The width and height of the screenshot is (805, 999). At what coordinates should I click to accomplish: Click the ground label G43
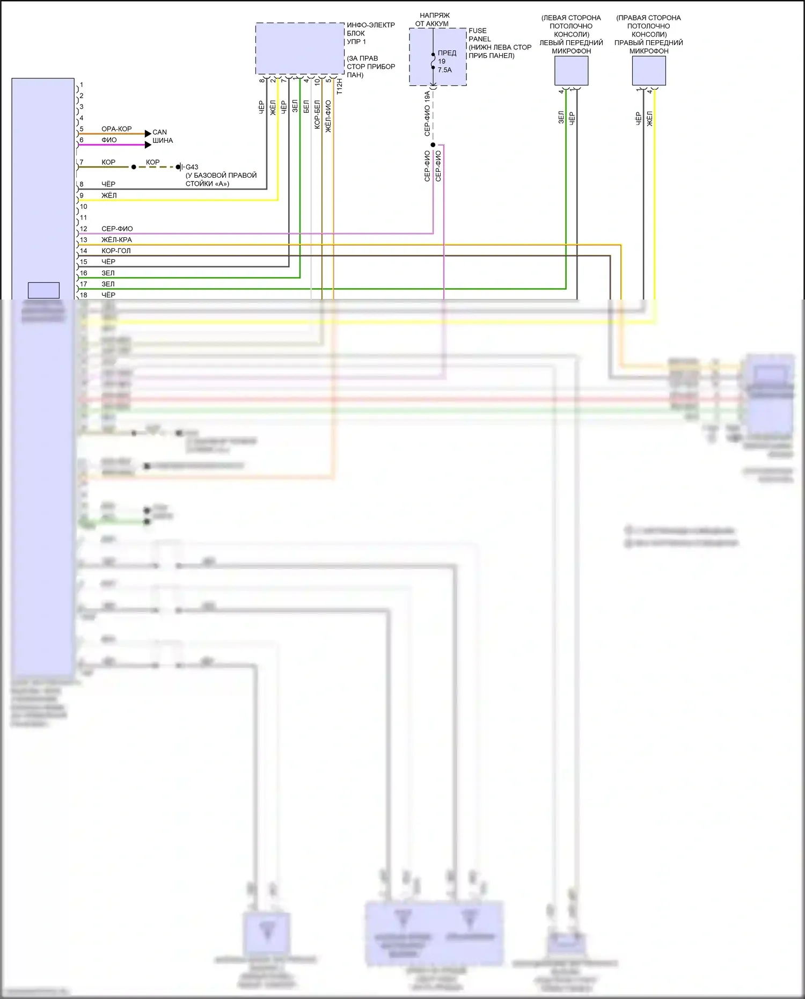tap(192, 167)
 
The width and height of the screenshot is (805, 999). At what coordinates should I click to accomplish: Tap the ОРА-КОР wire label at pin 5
tap(116, 129)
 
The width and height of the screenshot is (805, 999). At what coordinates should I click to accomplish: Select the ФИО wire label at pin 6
tap(109, 140)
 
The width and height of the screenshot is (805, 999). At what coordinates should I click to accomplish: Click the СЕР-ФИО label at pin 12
tap(117, 229)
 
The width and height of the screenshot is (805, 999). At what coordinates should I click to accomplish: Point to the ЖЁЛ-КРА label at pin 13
tap(116, 240)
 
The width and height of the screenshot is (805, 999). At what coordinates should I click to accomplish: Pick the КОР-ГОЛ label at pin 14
tap(116, 251)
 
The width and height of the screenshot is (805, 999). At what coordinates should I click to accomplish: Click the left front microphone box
tap(571, 70)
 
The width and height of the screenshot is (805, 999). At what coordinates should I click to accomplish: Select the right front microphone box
tap(649, 70)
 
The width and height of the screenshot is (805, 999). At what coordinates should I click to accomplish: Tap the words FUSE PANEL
tap(479, 35)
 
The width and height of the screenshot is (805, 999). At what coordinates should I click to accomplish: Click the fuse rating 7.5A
tap(444, 70)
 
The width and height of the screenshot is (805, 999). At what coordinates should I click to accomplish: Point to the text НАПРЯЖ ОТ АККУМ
tap(433, 19)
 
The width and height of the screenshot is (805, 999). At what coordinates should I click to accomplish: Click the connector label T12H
tap(339, 86)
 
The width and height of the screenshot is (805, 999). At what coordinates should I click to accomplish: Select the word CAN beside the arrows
tap(159, 132)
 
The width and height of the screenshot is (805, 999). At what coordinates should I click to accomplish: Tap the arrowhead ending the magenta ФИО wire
tap(148, 144)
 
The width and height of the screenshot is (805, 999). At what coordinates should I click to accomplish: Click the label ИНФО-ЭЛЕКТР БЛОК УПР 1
tap(370, 33)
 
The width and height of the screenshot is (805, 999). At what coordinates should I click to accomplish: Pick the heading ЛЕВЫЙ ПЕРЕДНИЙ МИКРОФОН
tap(571, 47)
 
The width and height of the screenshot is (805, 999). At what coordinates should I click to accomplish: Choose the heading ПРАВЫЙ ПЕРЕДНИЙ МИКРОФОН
tap(648, 47)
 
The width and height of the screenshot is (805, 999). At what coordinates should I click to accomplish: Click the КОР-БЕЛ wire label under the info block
tap(317, 114)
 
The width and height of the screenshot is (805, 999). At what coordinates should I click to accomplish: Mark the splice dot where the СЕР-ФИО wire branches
tap(433, 145)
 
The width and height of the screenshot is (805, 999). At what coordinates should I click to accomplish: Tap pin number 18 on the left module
tap(83, 295)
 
